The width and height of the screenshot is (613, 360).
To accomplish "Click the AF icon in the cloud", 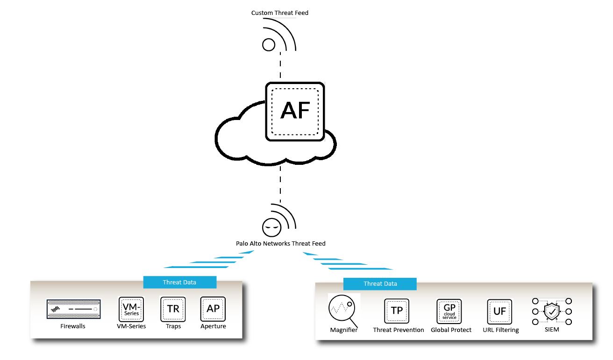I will [x=295, y=112].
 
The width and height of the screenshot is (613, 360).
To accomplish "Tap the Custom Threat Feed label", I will [x=280, y=13].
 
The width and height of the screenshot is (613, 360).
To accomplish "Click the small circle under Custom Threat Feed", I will [x=269, y=45].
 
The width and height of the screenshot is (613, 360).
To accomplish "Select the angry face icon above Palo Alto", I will [x=271, y=227].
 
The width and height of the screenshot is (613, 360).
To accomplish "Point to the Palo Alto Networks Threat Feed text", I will [x=280, y=244].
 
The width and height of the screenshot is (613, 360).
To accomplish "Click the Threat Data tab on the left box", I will [x=179, y=282].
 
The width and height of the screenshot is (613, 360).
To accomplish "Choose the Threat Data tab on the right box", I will [x=380, y=283].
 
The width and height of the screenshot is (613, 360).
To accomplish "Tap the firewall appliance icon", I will [x=74, y=310].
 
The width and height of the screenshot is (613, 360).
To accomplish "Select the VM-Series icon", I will [x=131, y=310].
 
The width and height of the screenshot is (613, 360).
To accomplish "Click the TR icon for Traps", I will [x=173, y=309].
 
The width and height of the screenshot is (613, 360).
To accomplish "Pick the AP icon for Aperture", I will [x=213, y=309].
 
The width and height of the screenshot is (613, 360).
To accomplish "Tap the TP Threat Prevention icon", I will [x=397, y=311].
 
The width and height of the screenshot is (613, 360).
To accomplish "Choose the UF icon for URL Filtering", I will [x=500, y=311].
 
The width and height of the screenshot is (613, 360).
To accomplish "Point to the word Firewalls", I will [x=73, y=326].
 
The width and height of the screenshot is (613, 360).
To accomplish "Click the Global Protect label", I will [x=451, y=330].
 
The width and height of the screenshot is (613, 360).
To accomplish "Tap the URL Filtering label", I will [x=500, y=330].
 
